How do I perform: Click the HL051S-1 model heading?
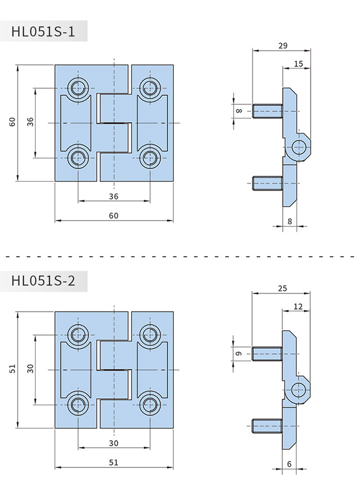coord(43,32)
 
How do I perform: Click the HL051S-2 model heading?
coord(43,280)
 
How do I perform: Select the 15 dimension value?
coord(298,64)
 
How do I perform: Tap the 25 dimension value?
coord(282,288)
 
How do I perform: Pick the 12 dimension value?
coord(298,306)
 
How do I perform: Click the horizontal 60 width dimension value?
coord(114,215)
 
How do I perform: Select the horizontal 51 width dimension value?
coord(114,462)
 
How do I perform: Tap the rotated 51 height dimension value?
coord(12,369)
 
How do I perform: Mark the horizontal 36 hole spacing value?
coord(114,196)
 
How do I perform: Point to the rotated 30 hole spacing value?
coord(31,369)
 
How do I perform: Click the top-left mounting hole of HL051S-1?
coord(78,87)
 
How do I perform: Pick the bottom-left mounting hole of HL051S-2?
coord(78,405)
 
